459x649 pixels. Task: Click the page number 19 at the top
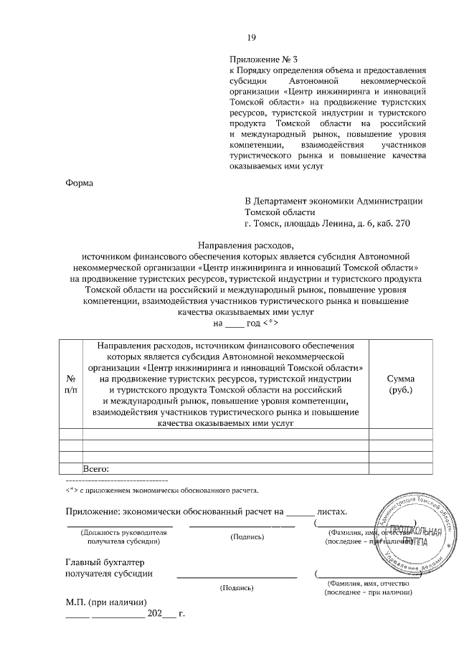click(251, 38)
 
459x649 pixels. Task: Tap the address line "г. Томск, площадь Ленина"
click(327, 224)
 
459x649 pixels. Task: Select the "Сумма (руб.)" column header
click(400, 383)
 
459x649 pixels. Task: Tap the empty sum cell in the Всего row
click(400, 468)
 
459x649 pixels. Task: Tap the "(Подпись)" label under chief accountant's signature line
click(237, 587)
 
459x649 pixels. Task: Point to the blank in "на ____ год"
click(235, 323)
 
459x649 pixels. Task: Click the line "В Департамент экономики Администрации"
click(333, 201)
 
